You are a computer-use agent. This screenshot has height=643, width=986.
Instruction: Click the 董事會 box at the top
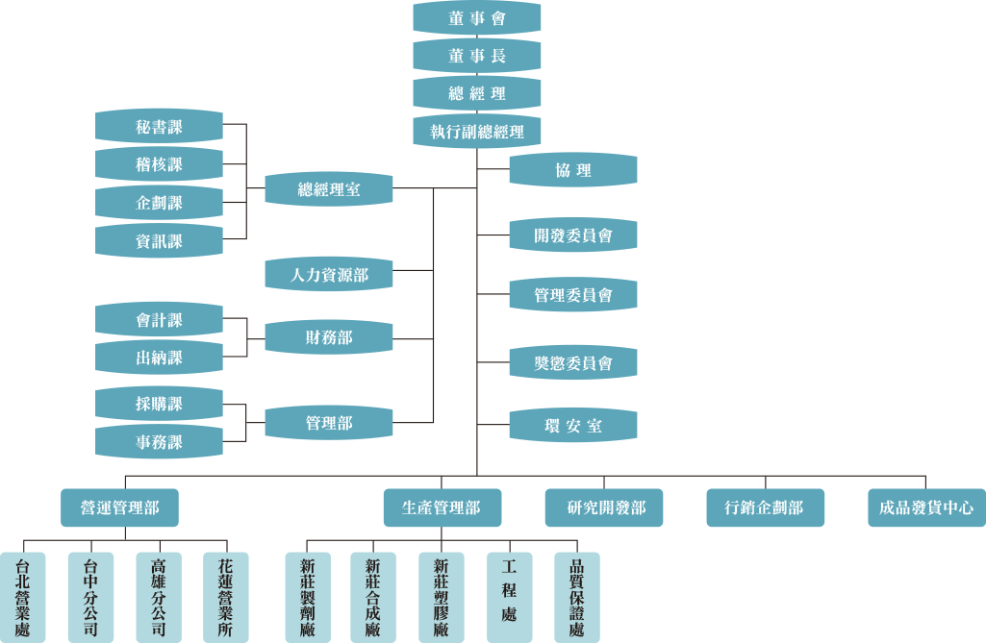pos(476,17)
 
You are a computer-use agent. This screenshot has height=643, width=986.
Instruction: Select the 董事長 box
pos(476,56)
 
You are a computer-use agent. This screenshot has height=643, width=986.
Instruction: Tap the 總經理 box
pos(476,93)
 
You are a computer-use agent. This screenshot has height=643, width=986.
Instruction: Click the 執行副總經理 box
pos(476,131)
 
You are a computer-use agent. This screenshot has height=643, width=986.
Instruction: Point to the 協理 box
pos(572,170)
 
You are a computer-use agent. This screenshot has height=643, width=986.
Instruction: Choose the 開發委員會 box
pos(572,235)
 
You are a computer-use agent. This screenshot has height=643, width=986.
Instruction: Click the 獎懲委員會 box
pos(572,363)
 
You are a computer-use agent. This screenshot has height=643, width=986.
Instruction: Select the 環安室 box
pos(572,424)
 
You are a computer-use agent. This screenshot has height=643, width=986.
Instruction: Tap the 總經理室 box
pos(329,188)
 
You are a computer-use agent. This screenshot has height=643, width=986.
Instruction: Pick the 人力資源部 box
pos(329,275)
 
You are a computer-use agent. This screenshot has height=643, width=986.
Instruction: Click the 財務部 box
pos(329,337)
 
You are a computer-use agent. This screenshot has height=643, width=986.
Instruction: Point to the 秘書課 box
pos(159,126)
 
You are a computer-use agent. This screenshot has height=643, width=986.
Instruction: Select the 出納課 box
pos(159,357)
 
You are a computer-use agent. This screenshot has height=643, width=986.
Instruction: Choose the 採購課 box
pos(159,404)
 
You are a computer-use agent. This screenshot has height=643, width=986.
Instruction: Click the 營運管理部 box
pos(120,507)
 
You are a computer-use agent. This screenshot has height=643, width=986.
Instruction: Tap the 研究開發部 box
pos(605,507)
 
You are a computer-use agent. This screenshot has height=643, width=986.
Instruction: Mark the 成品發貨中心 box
pos(925,507)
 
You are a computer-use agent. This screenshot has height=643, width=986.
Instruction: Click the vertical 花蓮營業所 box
pos(225,597)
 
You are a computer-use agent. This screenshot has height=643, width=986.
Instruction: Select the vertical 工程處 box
pos(509,597)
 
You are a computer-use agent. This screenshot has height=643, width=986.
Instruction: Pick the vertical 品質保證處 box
pos(576,597)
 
